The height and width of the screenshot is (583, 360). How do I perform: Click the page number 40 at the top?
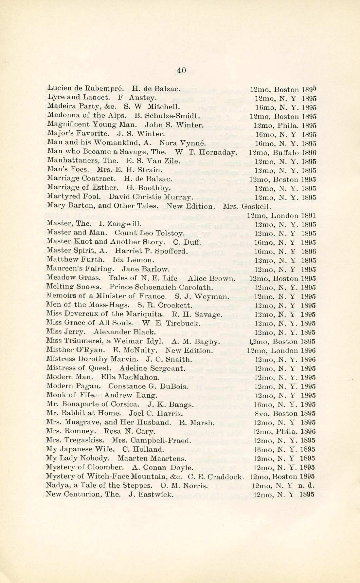pyautogui.click(x=181, y=70)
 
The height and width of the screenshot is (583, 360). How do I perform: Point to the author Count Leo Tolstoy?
pyautogui.click(x=150, y=234)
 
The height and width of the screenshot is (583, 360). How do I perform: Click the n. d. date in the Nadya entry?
pyautogui.click(x=308, y=486)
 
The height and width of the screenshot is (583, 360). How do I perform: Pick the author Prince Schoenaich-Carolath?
pyautogui.click(x=161, y=288)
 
